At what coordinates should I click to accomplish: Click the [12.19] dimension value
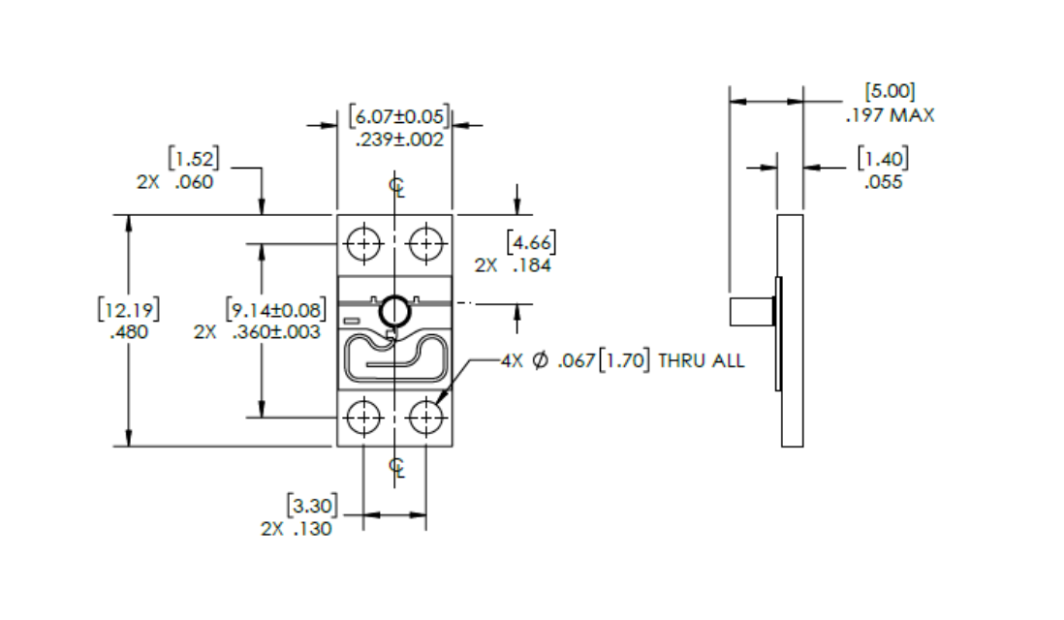tap(129, 309)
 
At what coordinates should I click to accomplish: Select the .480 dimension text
tap(129, 331)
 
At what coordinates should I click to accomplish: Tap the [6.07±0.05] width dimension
tap(399, 116)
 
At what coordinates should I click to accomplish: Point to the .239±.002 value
tap(399, 139)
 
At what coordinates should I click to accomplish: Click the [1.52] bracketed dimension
tap(194, 158)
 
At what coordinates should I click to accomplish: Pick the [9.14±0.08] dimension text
tap(276, 309)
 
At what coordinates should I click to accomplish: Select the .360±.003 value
tap(276, 331)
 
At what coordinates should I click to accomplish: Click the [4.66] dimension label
tap(531, 241)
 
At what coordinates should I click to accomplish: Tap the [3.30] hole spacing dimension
tap(312, 506)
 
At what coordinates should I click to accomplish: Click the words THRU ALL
tap(701, 360)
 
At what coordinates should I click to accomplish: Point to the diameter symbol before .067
tap(540, 360)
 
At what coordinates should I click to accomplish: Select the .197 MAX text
tap(890, 115)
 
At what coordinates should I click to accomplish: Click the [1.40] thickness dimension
tap(883, 158)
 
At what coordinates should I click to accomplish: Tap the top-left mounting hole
tap(363, 243)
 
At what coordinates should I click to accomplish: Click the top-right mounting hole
tap(426, 243)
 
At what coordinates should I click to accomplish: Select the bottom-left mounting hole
tap(363, 417)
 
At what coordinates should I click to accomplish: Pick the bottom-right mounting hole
tap(426, 417)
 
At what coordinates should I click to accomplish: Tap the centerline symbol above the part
tap(397, 186)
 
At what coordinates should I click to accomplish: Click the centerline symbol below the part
tap(397, 467)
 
